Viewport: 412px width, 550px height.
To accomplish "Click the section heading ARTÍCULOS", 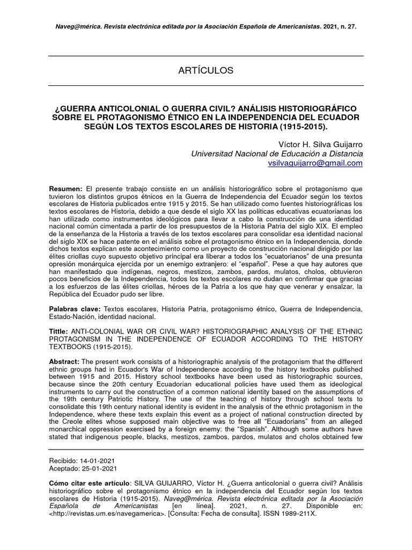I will (x=206, y=70).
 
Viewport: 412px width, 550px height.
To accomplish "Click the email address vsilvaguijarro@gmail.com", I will (x=315, y=163).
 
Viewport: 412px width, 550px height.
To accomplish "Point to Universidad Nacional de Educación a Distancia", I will (x=277, y=154).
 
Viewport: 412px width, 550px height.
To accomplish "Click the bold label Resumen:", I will (x=65, y=189).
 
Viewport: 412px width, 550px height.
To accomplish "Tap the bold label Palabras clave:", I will (x=74, y=309).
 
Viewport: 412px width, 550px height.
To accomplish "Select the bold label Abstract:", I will (x=64, y=361).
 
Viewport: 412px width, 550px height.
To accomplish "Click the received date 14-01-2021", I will (x=97, y=461).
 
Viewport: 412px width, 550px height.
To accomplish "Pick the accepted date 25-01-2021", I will (x=97, y=468).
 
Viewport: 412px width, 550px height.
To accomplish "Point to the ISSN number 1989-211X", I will (x=297, y=513).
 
